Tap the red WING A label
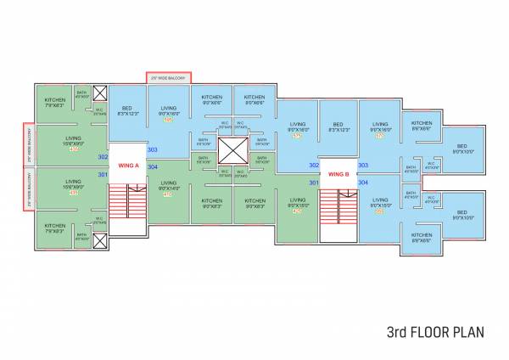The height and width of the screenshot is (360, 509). (x=128, y=166)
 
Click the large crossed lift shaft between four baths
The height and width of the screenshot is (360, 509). (x=231, y=150)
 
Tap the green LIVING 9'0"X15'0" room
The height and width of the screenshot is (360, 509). (x=297, y=205)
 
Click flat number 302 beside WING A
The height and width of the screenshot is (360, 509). (x=103, y=157)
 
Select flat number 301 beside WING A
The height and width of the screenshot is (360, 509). (x=103, y=174)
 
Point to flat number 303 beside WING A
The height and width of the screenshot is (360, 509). (x=153, y=149)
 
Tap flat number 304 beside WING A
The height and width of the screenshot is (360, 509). (x=153, y=166)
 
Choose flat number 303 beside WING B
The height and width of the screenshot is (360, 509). (x=363, y=166)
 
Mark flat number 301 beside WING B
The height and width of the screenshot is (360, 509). (x=313, y=183)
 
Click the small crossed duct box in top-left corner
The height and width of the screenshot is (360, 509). (x=100, y=93)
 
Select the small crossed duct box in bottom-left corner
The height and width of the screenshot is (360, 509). (x=100, y=240)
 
